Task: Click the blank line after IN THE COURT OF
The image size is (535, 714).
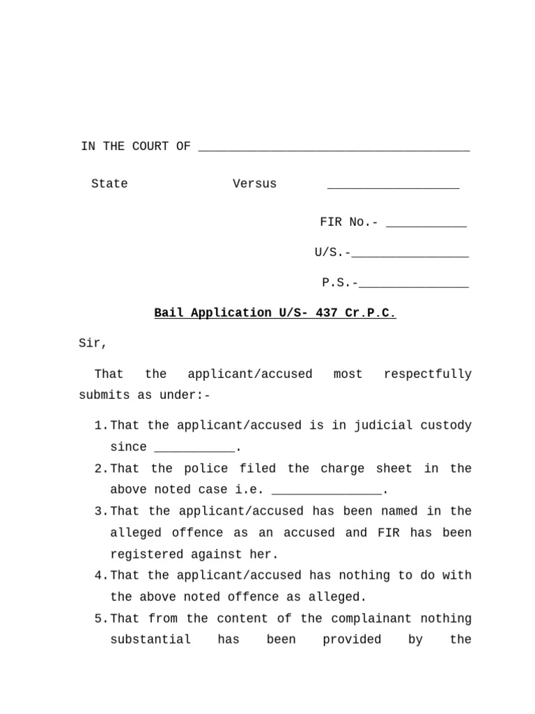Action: click(334, 149)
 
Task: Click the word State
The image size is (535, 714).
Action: click(109, 184)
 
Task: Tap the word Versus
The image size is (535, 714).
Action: click(254, 184)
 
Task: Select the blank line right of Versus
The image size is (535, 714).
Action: click(393, 186)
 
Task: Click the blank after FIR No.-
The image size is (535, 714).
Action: click(426, 225)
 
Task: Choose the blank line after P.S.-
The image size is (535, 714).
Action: click(414, 285)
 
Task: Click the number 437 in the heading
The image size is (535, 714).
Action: click(326, 313)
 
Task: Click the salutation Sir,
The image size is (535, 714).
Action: click(93, 344)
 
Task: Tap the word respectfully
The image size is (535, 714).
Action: click(427, 374)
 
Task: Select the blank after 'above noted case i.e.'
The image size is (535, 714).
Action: click(327, 492)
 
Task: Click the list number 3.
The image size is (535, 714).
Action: click(98, 512)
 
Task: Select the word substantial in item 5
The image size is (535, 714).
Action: click(150, 640)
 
